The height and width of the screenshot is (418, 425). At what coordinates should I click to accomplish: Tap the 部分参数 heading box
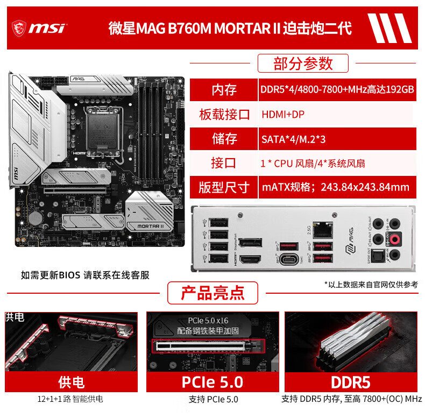pyautogui.click(x=303, y=63)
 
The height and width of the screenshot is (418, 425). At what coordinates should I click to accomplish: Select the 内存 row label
pyautogui.click(x=224, y=89)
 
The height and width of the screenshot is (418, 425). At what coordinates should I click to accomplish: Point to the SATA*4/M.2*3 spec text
pyautogui.click(x=293, y=139)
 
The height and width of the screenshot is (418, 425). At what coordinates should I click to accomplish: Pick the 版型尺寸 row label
pyautogui.click(x=224, y=187)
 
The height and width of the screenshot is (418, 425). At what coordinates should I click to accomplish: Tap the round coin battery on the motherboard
pyautogui.click(x=35, y=217)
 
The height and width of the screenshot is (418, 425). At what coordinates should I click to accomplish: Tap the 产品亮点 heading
pyautogui.click(x=212, y=293)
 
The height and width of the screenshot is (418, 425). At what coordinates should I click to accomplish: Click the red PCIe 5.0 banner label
pyautogui.click(x=212, y=382)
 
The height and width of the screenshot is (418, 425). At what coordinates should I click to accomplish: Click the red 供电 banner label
pyautogui.click(x=71, y=382)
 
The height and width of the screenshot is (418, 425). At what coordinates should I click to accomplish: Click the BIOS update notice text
pyautogui.click(x=85, y=275)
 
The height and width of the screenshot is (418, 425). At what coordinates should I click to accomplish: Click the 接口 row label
pyautogui.click(x=224, y=163)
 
